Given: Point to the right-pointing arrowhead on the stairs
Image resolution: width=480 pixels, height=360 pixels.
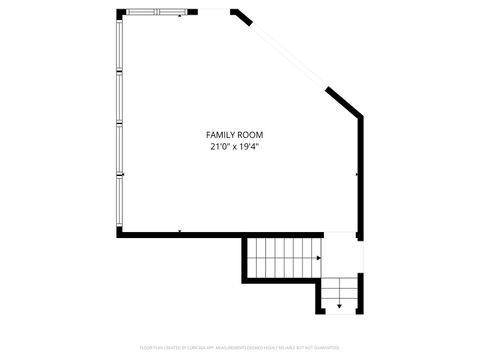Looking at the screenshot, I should pyautogui.click(x=318, y=259).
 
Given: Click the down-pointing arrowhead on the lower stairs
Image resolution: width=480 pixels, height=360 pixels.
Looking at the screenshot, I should pyautogui.click(x=340, y=306).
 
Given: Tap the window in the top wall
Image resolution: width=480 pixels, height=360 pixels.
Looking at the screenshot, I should pyautogui.click(x=156, y=13).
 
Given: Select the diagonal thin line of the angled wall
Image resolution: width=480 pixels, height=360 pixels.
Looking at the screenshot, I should pyautogui.click(x=290, y=56).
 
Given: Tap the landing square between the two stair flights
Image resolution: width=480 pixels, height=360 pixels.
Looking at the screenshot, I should pyautogui.click(x=341, y=255).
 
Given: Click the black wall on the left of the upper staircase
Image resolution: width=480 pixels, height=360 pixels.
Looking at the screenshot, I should pyautogui.click(x=243, y=258).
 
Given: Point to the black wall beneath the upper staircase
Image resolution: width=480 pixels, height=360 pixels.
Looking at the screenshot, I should pyautogui.click(x=280, y=280).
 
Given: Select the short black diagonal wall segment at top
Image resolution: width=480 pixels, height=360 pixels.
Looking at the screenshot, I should pyautogui.click(x=241, y=17).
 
